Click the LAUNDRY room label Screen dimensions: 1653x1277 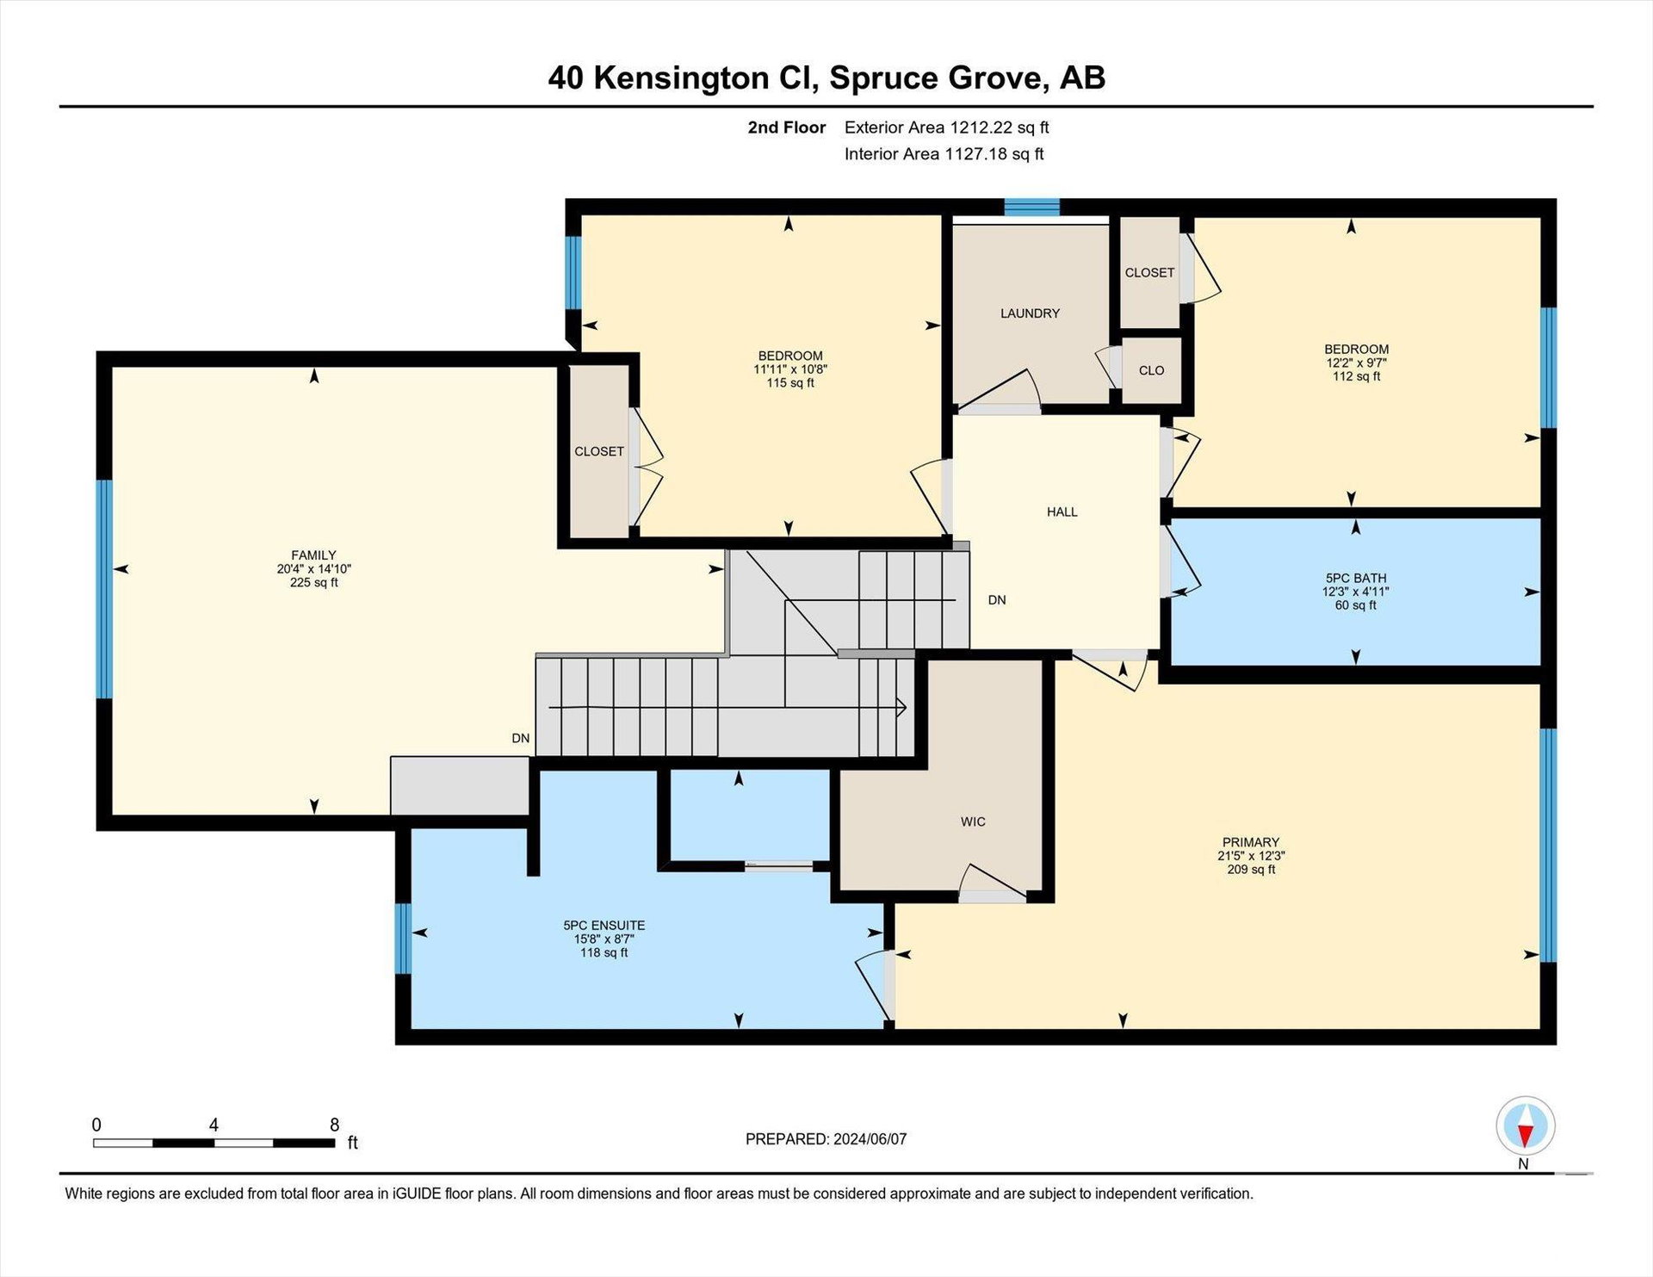click(x=1030, y=313)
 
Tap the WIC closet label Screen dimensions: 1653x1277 click(x=973, y=821)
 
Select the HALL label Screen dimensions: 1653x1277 click(x=1062, y=511)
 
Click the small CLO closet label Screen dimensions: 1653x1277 click(x=1151, y=370)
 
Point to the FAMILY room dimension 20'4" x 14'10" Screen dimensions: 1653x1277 click(x=313, y=569)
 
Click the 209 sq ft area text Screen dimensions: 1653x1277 click(x=1251, y=870)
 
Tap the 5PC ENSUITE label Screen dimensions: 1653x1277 click(x=604, y=926)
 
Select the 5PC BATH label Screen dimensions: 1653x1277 click(x=1356, y=579)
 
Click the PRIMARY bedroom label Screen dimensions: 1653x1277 click(x=1251, y=842)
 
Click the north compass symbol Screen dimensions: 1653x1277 click(x=1525, y=1126)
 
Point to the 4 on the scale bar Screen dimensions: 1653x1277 click(x=214, y=1125)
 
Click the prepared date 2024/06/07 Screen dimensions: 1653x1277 click(x=870, y=1139)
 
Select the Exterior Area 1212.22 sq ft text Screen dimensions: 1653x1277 click(x=946, y=127)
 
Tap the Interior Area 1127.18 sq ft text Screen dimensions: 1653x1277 click(x=944, y=154)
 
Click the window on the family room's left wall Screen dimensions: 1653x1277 click(x=104, y=589)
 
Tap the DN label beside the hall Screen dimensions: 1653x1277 click(x=997, y=600)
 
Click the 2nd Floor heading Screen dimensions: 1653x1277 click(x=786, y=127)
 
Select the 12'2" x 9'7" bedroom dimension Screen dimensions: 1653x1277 click(x=1356, y=363)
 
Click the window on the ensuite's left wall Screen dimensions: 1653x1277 click(x=403, y=939)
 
